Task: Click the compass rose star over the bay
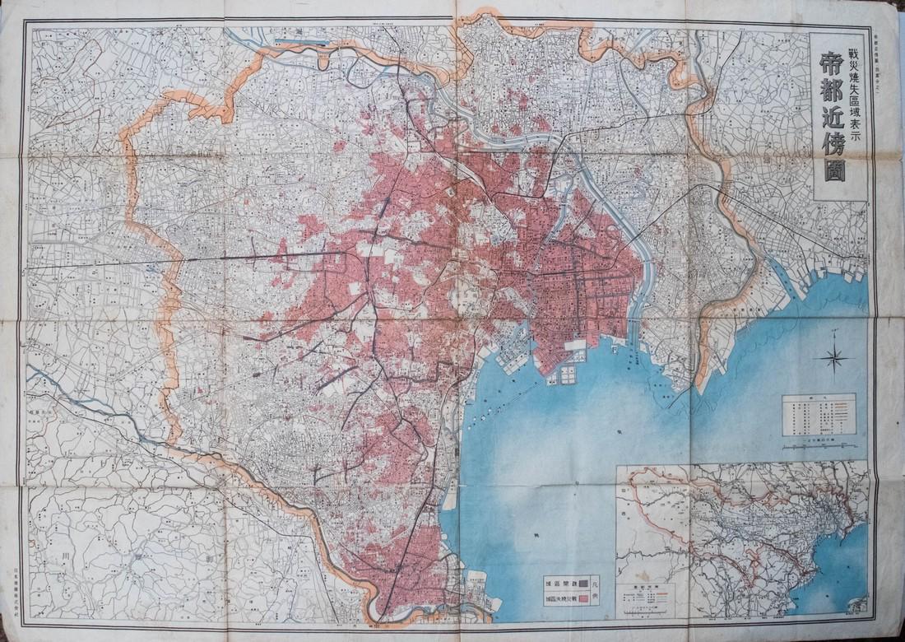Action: click(x=836, y=356)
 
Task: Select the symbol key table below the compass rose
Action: click(x=819, y=415)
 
